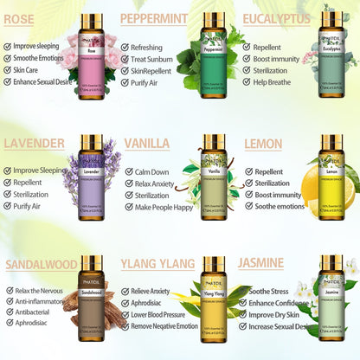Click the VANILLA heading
147,143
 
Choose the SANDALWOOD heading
43,263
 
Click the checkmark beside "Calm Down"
129,171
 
